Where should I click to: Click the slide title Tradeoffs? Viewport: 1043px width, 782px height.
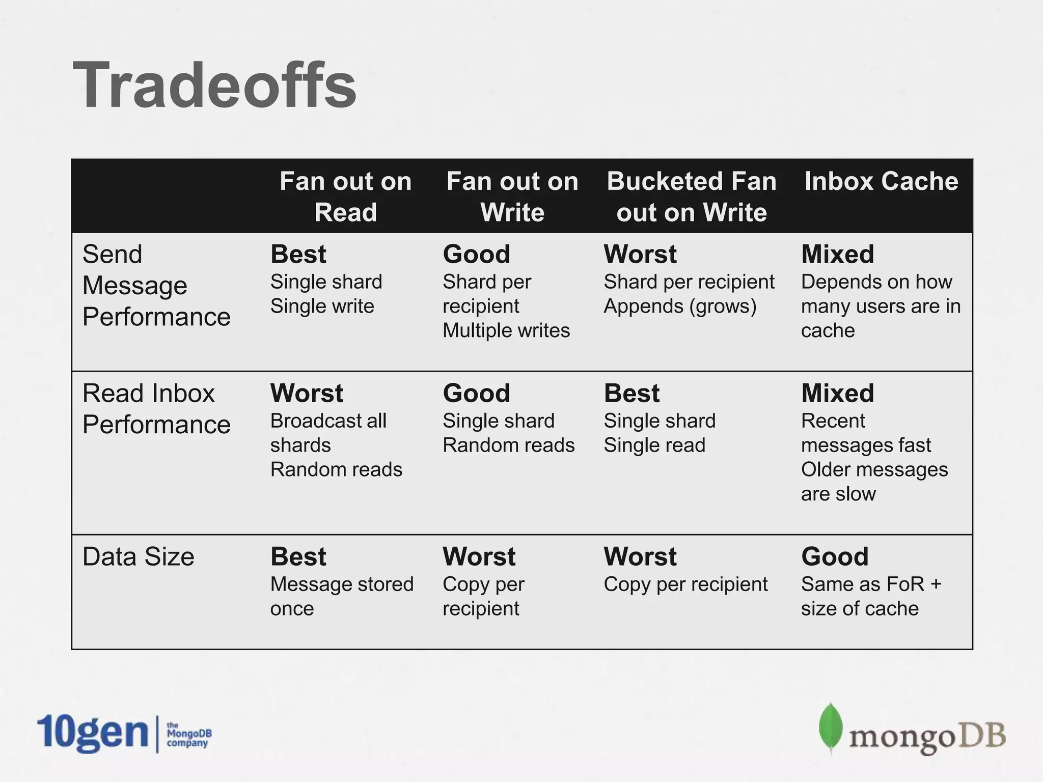pyautogui.click(x=214, y=86)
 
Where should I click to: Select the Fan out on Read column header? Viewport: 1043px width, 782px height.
pyautogui.click(x=345, y=197)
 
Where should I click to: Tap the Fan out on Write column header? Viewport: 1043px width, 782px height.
pyautogui.click(x=512, y=197)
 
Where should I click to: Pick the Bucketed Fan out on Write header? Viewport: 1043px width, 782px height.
pyautogui.click(x=692, y=197)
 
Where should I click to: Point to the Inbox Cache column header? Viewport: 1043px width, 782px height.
pyautogui.click(x=881, y=181)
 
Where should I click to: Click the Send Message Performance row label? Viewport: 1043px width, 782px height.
pyautogui.click(x=156, y=285)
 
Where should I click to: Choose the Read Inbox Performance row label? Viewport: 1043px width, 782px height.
pyautogui.click(x=156, y=409)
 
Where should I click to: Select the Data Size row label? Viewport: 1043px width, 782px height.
pyautogui.click(x=138, y=556)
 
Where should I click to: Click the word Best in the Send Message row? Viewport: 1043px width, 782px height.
pyautogui.click(x=298, y=254)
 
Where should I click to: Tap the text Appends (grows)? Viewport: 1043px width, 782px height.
pyautogui.click(x=680, y=306)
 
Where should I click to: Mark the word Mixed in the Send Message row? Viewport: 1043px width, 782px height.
pyautogui.click(x=837, y=254)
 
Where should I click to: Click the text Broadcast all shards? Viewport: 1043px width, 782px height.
pyautogui.click(x=328, y=433)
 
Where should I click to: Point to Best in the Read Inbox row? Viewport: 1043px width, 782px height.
pyautogui.click(x=632, y=393)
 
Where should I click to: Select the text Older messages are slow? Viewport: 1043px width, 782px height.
pyautogui.click(x=874, y=482)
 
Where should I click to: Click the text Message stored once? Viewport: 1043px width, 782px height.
pyautogui.click(x=341, y=596)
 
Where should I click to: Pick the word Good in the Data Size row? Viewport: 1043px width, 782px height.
pyautogui.click(x=835, y=556)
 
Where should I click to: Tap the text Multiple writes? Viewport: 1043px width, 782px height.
pyautogui.click(x=506, y=331)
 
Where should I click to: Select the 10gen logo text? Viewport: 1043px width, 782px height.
pyautogui.click(x=92, y=733)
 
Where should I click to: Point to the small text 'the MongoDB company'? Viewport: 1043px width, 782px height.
pyautogui.click(x=188, y=735)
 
